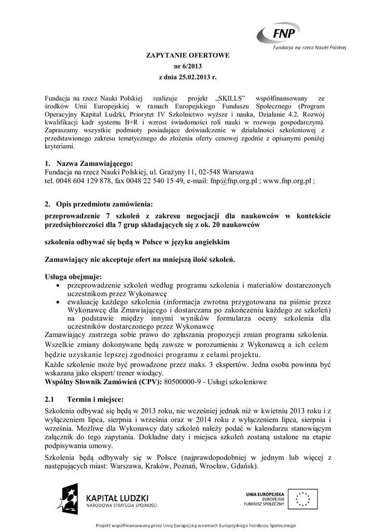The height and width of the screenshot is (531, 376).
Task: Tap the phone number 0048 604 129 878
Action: click(83, 181)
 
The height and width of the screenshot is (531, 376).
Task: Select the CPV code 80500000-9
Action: click(185, 382)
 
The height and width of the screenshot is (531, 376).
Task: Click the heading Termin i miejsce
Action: click(95, 400)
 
